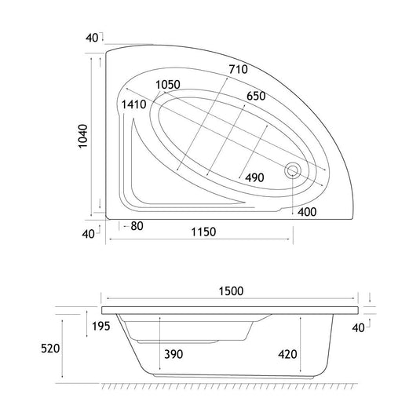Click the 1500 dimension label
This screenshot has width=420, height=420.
[x=231, y=291]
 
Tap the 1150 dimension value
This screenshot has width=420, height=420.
[x=203, y=232]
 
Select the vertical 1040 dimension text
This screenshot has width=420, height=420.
[x=83, y=136]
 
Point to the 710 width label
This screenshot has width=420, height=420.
[x=238, y=69]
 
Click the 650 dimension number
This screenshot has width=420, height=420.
[x=256, y=96]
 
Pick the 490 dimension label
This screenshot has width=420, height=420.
[x=254, y=177]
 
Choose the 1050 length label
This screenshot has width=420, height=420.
[x=168, y=85]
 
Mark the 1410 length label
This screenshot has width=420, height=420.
[x=134, y=104]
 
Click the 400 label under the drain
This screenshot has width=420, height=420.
[x=307, y=212]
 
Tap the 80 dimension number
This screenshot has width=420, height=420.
[x=137, y=226]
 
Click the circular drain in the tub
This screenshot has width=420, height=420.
[x=293, y=170]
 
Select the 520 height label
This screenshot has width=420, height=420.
[x=50, y=349]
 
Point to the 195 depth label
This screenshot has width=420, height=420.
[x=101, y=327]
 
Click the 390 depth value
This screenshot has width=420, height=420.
[x=173, y=354]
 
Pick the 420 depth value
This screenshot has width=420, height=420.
[x=287, y=354]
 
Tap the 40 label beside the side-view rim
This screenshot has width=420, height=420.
[x=359, y=328]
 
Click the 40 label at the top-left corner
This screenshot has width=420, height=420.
[x=92, y=38]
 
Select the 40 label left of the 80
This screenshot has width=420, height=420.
[x=89, y=234]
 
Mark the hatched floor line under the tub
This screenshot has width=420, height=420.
[x=229, y=386]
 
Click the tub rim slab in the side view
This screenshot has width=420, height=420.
[x=230, y=310]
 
